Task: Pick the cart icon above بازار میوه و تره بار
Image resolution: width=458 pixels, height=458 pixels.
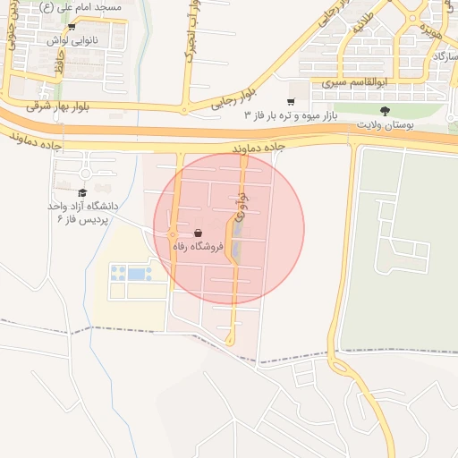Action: click(291, 102)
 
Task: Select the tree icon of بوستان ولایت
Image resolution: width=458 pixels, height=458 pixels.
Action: click(386, 111)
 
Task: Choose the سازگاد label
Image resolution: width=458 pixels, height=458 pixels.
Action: click(442, 56)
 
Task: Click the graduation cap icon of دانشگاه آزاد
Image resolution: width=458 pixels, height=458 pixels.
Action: click(82, 192)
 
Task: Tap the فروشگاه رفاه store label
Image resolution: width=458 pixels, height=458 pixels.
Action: click(196, 246)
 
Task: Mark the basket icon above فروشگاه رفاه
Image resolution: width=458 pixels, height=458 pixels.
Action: click(197, 233)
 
